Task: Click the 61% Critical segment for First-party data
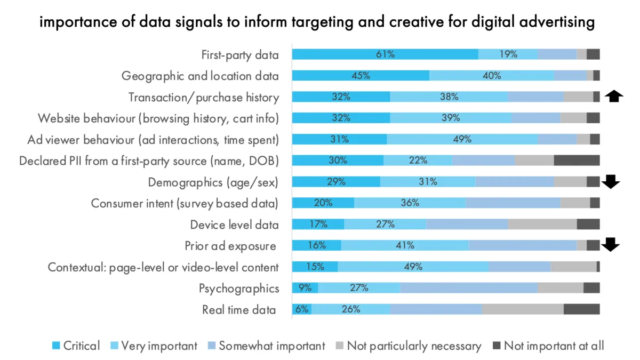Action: [385, 54]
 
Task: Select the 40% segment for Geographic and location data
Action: [491, 75]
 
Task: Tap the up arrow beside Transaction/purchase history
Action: [615, 97]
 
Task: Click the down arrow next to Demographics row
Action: [610, 182]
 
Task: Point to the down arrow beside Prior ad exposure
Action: [610, 245]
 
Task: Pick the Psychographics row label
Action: [239, 289]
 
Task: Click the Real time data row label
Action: [239, 310]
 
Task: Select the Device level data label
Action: [234, 225]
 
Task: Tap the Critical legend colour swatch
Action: [56, 346]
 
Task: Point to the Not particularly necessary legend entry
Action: [408, 346]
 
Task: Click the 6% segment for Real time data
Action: [302, 309]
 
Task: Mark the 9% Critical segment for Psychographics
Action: [305, 288]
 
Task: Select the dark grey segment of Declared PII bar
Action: [577, 161]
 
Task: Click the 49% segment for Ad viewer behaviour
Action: [462, 139]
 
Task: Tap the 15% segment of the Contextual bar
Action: [315, 267]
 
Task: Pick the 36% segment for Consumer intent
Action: [410, 203]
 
